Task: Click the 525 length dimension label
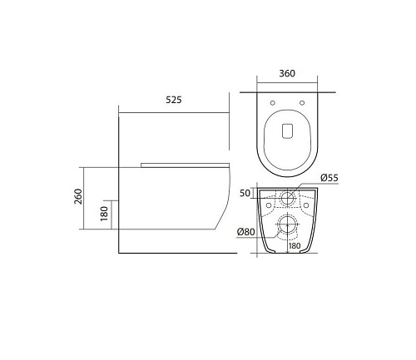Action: pos(174,100)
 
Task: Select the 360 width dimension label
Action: pos(287,73)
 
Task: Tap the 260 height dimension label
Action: pos(78,196)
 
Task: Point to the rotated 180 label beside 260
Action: pos(104,214)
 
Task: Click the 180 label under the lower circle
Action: pos(295,246)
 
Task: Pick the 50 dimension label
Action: pos(245,193)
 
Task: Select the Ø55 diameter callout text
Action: pos(329,178)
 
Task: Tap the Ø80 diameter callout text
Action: pos(246,231)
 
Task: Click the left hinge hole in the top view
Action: pos(273,103)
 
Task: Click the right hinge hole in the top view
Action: pos(302,103)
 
